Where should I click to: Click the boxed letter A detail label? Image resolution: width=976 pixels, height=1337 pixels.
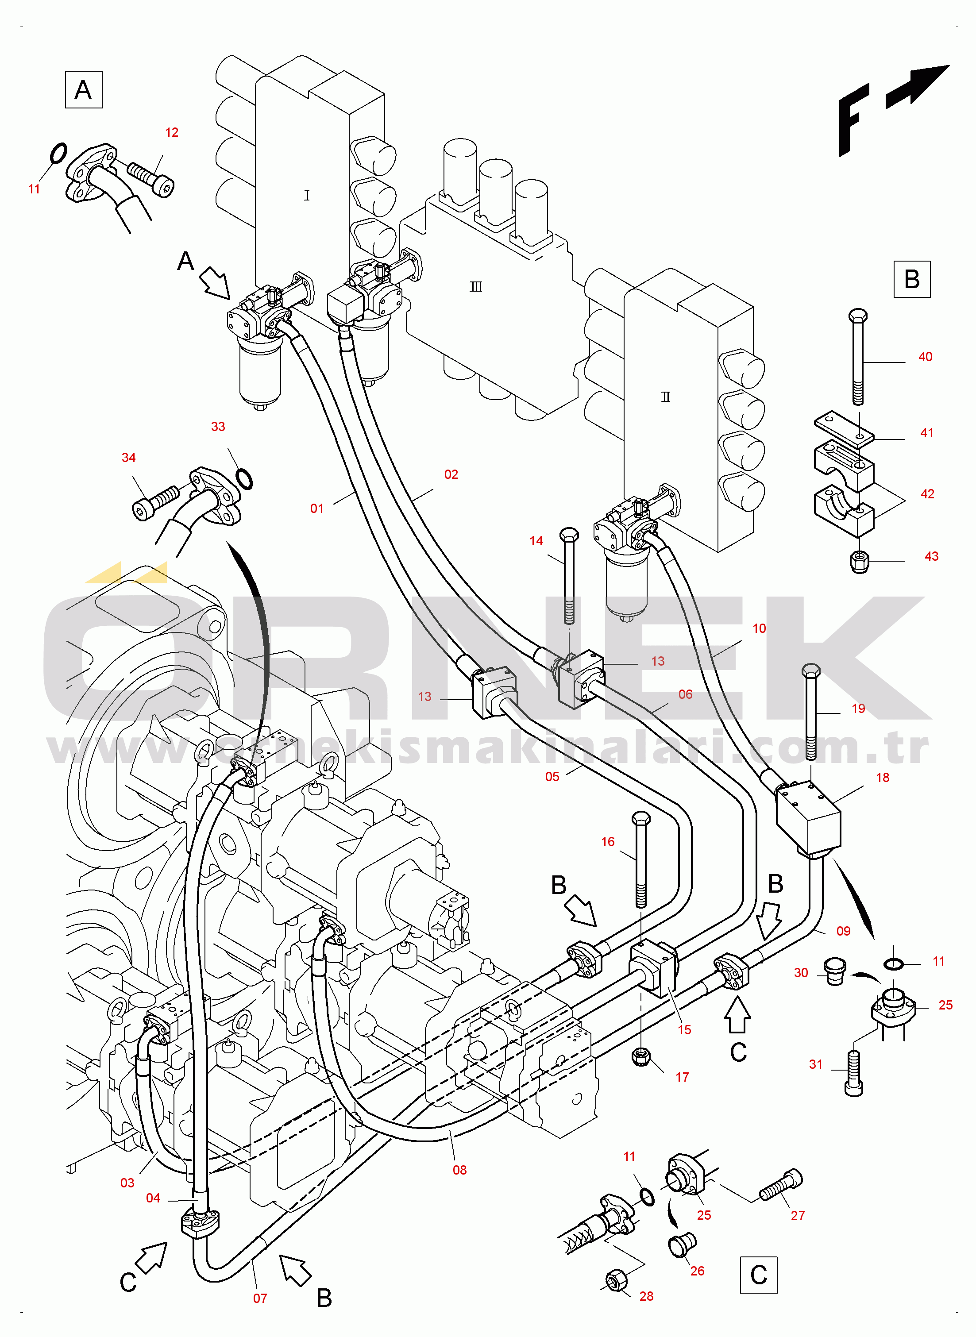(x=83, y=90)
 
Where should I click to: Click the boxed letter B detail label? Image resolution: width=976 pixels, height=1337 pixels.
(x=912, y=279)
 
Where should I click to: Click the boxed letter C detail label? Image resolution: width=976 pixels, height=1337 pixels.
(x=759, y=1275)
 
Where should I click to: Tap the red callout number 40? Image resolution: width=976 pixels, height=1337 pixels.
(x=925, y=357)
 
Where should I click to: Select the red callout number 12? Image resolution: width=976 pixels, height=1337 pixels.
(x=171, y=132)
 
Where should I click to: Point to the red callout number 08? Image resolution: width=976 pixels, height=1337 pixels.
(x=459, y=1170)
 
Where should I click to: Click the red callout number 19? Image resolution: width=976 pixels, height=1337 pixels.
(x=858, y=709)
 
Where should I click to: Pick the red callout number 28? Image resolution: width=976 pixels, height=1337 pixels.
(x=646, y=1296)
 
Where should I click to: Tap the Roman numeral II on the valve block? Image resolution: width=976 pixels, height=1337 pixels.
(x=665, y=397)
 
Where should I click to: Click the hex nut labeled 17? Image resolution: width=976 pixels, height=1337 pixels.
(x=640, y=1056)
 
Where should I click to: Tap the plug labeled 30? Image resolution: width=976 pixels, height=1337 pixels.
(x=833, y=971)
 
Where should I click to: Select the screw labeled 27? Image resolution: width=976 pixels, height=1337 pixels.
(x=780, y=1186)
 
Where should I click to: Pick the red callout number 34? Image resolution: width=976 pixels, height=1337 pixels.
(x=128, y=458)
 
